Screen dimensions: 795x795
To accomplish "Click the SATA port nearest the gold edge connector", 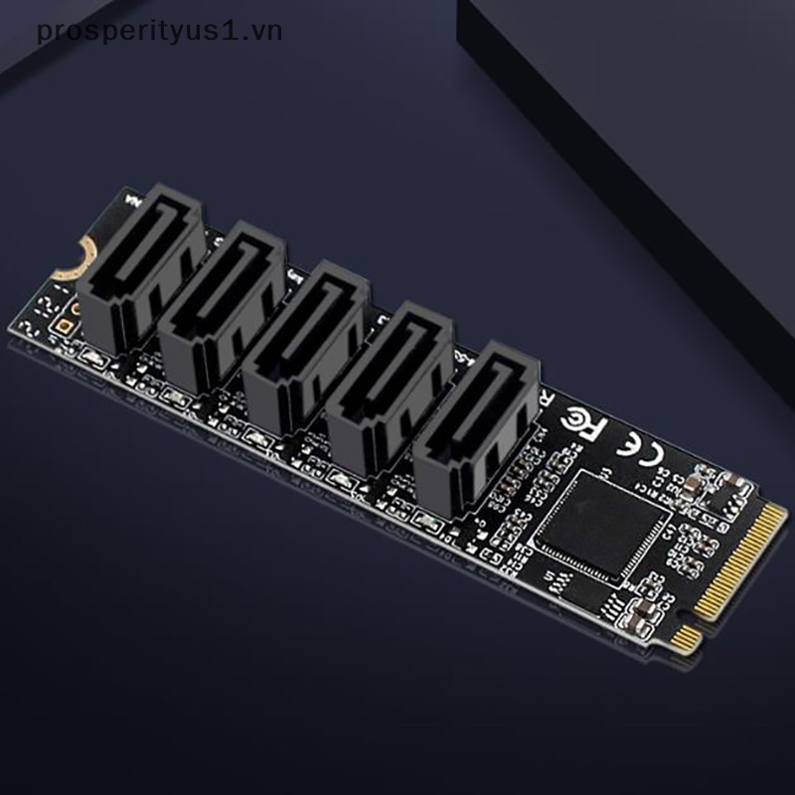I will click(475, 416).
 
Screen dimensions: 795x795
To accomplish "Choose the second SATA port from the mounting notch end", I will click(228, 302).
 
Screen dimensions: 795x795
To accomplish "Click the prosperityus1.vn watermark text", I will click(159, 31).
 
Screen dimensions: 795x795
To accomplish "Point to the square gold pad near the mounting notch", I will click(66, 324).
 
